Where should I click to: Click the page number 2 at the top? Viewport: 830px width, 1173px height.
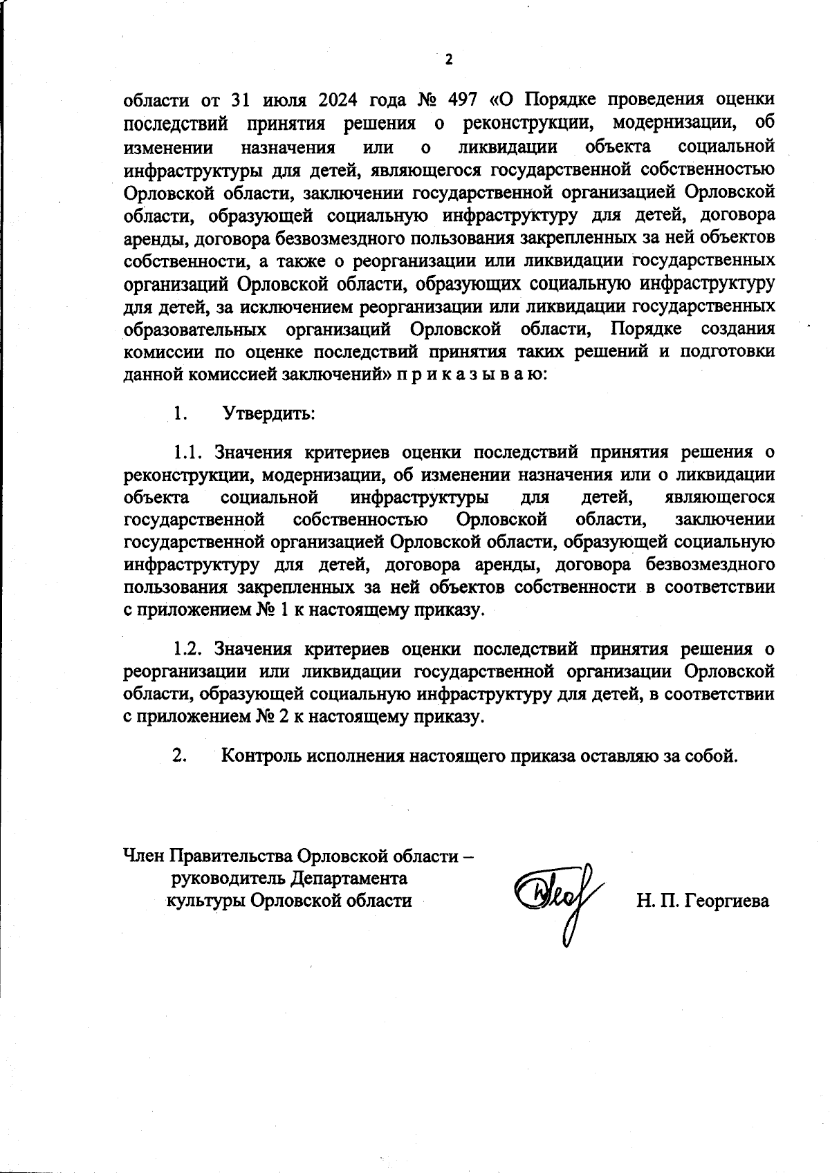coord(448,60)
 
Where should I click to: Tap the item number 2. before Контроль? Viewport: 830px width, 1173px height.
coord(180,755)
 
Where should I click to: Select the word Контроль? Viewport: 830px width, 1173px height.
coord(261,755)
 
